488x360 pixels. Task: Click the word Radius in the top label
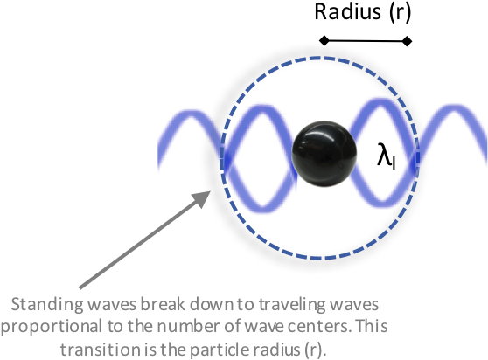348,12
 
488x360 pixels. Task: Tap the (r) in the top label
400,13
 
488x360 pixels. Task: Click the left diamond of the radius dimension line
324,41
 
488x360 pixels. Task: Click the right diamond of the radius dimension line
407,41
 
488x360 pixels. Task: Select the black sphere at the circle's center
324,154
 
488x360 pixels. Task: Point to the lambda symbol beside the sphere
387,156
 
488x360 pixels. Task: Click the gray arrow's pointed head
202,198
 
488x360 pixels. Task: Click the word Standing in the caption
47,305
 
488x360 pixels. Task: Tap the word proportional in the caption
52,327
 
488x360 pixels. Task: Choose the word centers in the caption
320,327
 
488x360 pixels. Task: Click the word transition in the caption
100,350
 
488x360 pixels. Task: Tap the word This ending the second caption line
372,326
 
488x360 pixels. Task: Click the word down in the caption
211,304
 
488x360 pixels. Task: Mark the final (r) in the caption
313,350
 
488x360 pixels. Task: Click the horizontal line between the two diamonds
366,41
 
